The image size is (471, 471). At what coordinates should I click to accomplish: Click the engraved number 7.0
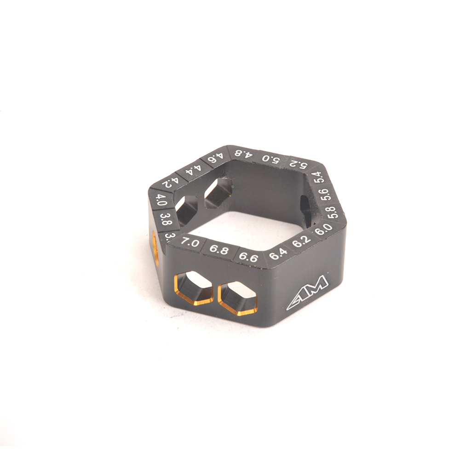(190, 242)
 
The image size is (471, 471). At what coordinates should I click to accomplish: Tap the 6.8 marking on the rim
(218, 250)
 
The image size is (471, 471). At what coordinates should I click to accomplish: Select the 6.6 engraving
(248, 257)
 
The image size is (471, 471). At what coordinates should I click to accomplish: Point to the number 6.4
(278, 253)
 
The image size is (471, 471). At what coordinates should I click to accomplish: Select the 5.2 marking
(297, 163)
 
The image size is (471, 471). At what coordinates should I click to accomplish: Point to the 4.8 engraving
(243, 153)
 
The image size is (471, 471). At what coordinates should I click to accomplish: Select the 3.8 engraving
(165, 219)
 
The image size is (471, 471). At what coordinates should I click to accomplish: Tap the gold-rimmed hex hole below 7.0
(194, 287)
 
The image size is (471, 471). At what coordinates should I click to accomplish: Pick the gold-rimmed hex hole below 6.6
(238, 299)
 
